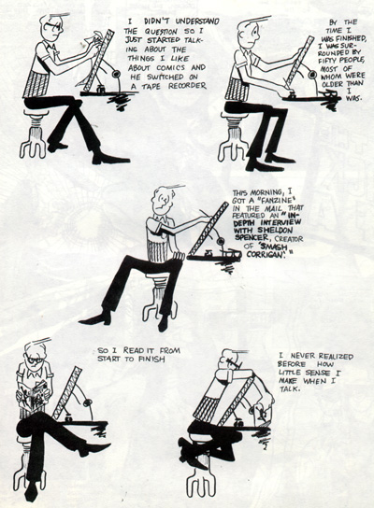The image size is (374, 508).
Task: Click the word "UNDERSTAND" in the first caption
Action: click(x=197, y=21)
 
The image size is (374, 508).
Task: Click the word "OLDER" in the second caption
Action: click(x=333, y=84)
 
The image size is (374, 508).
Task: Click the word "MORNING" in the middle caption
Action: click(x=266, y=191)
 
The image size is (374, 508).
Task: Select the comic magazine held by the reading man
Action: click(x=35, y=394)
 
